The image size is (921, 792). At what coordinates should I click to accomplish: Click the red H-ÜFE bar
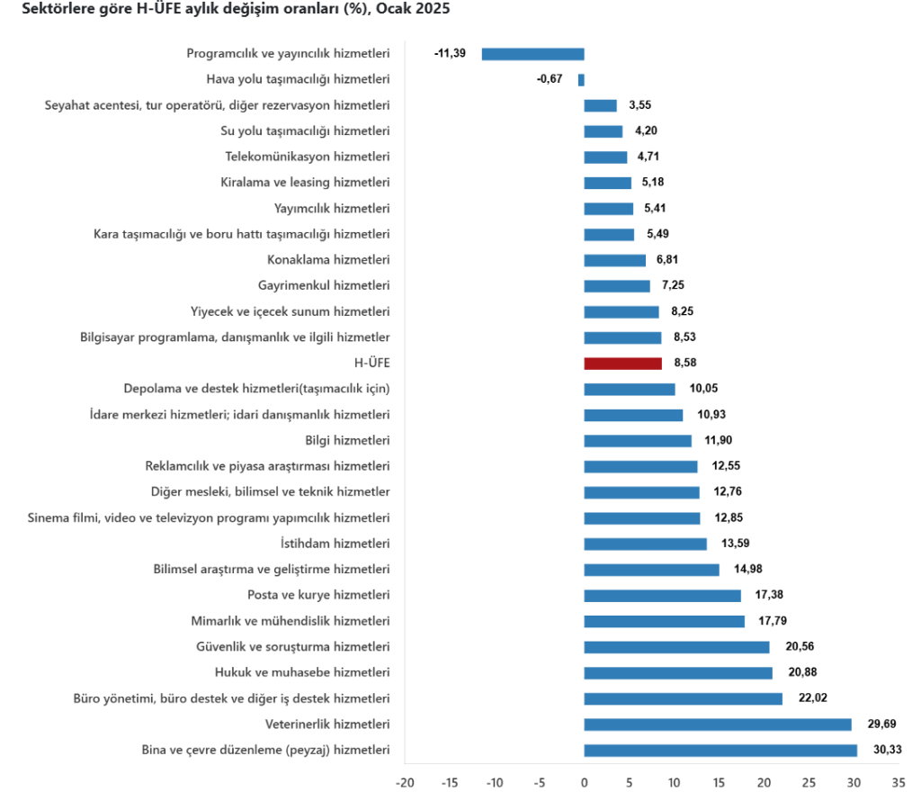623,364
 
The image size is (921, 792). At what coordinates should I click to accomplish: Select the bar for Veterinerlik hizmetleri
718,724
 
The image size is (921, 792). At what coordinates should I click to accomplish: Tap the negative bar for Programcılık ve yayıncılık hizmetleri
532,54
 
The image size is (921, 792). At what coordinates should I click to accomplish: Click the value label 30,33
889,750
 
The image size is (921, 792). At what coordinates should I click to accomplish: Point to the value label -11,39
450,54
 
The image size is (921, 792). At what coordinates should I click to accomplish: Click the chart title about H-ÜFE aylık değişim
229,10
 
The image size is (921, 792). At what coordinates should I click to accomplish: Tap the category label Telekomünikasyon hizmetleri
307,157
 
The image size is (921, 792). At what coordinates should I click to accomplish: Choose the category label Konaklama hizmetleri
328,260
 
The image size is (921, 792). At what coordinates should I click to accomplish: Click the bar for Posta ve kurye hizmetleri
663,596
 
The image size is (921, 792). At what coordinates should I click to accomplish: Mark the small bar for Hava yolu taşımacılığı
581,79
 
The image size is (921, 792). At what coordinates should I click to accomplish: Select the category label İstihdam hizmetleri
335,544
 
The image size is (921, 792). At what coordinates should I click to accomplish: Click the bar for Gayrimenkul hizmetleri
617,286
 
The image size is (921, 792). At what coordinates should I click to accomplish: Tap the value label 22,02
812,698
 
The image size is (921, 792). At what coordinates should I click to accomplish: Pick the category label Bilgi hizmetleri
347,441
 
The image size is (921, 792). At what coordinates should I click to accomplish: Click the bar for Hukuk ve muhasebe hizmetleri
678,673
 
